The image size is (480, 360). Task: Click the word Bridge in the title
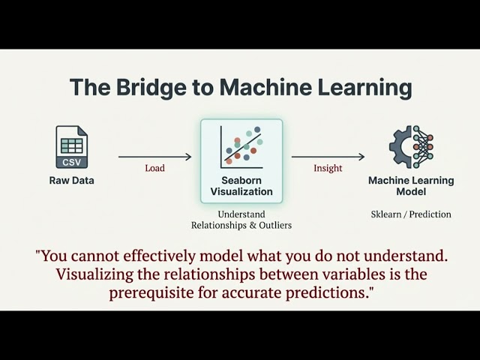click(x=151, y=87)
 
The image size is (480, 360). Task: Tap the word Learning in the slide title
click(x=364, y=88)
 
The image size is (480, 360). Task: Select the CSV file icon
click(x=72, y=147)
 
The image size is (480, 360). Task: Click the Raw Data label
click(x=72, y=180)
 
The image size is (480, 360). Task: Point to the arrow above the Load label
click(x=155, y=157)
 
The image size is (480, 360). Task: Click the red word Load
click(x=155, y=168)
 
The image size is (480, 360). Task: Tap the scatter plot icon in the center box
click(x=241, y=147)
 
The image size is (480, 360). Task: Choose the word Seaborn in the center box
click(x=241, y=180)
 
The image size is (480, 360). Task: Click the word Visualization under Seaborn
click(x=241, y=192)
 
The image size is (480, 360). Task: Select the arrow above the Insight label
click(x=328, y=157)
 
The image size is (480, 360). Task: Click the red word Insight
click(x=328, y=168)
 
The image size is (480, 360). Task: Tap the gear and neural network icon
click(x=411, y=147)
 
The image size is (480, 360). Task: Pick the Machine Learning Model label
click(x=411, y=186)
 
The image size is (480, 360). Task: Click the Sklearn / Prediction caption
click(x=411, y=214)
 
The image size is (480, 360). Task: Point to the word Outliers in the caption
click(x=275, y=225)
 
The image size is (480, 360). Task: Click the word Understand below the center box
click(x=241, y=214)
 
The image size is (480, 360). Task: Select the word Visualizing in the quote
click(x=94, y=274)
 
